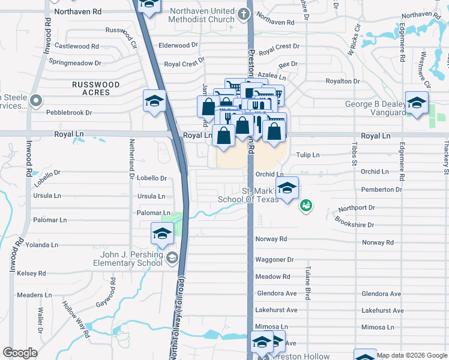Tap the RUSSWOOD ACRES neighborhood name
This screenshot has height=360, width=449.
91,89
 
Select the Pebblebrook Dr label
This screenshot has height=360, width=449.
70,112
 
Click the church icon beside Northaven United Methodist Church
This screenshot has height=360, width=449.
243,13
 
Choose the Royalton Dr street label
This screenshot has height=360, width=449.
342,81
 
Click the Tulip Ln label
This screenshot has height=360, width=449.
307,155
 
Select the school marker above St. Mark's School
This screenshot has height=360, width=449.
287,188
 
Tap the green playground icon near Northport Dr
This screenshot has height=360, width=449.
306,205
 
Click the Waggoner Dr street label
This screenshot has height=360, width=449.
274,260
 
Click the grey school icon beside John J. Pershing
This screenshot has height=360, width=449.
172,258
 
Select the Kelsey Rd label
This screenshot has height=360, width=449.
32,273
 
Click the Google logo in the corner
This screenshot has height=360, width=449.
20,353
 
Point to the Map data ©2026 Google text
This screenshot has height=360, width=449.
412,355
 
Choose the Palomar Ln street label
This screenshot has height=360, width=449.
154,213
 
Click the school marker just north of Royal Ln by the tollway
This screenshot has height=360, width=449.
154,101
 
